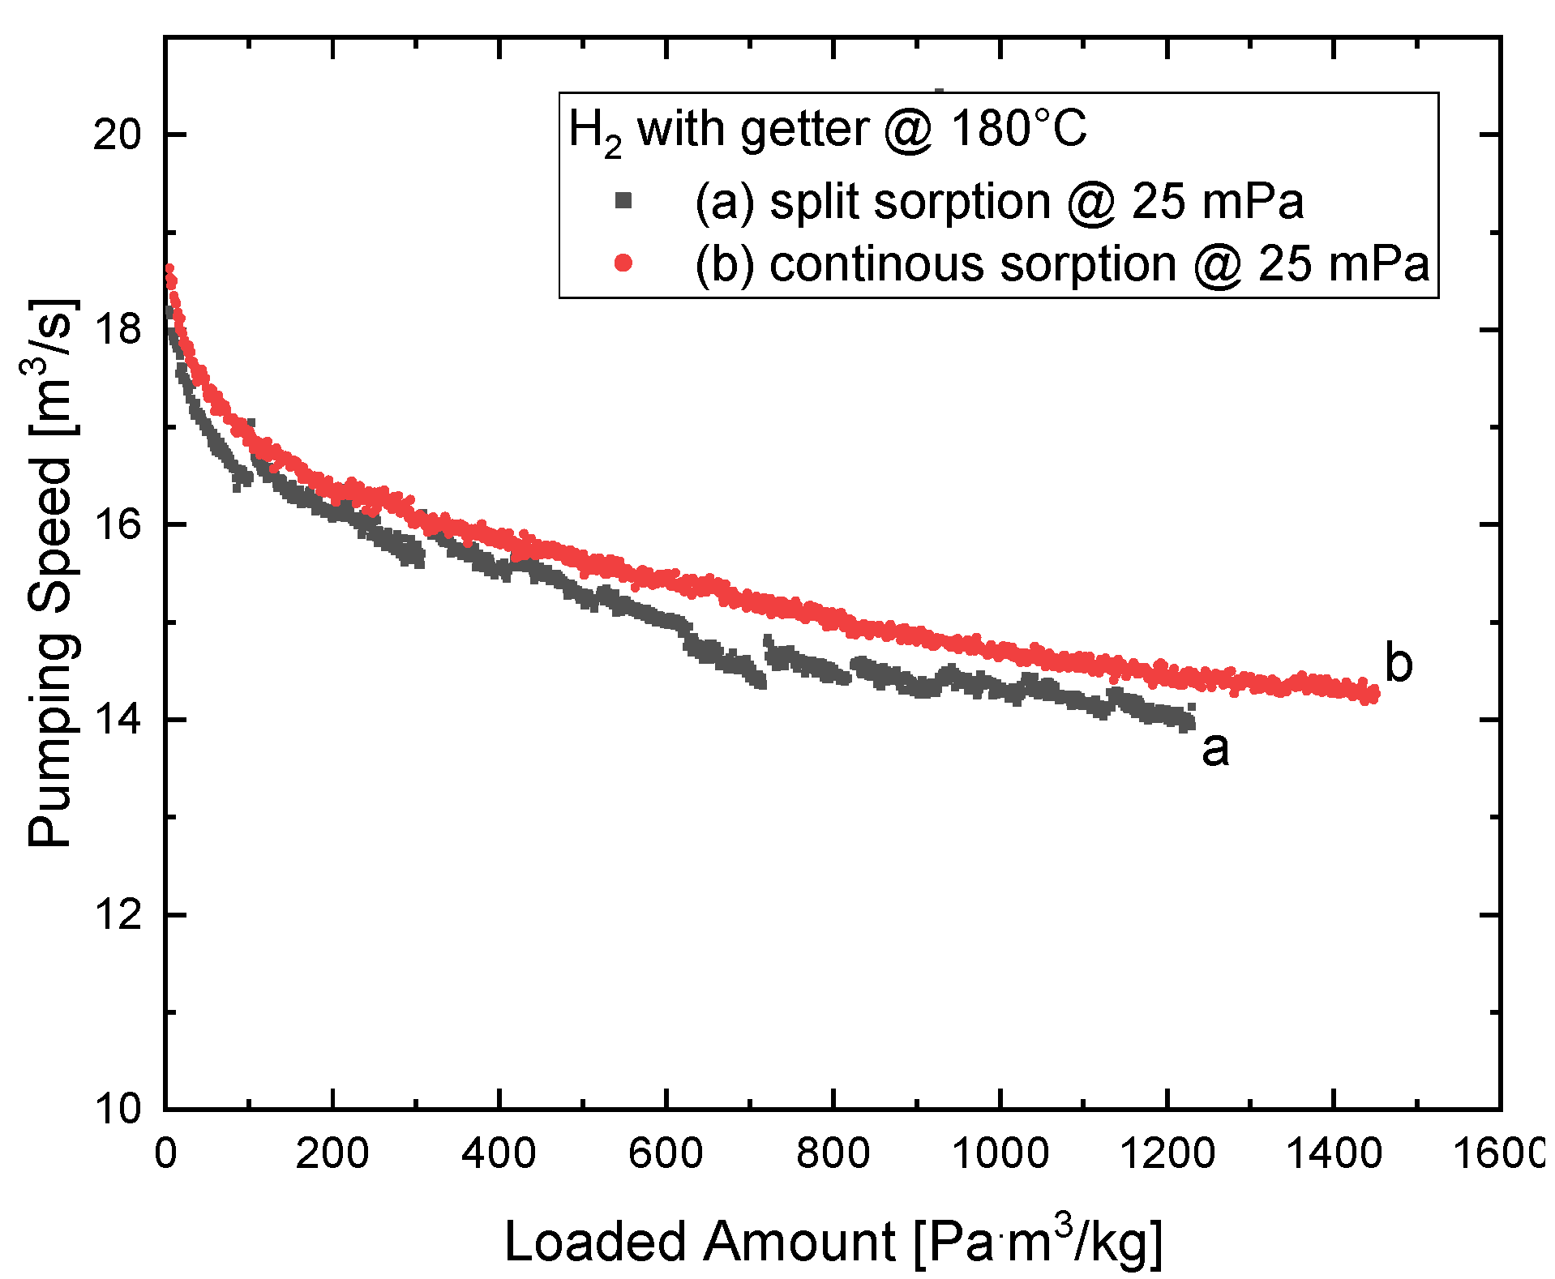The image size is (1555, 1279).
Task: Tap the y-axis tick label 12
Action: [x=117, y=914]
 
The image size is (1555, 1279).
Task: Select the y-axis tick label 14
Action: [x=117, y=719]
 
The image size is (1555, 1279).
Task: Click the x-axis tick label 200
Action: [x=332, y=1152]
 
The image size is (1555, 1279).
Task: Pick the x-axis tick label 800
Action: [x=833, y=1152]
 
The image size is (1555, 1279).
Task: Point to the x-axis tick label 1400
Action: [x=1333, y=1152]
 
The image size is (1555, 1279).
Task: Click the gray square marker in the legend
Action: [x=623, y=200]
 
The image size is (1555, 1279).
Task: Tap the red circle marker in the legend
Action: [x=623, y=263]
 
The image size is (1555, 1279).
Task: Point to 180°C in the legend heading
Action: [x=1018, y=129]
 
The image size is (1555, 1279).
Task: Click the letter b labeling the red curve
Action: [x=1399, y=663]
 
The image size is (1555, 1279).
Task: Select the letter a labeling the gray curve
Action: [x=1215, y=748]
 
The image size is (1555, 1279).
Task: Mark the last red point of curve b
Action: [x=1373, y=695]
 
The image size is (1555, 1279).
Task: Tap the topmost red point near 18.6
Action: [x=169, y=268]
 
